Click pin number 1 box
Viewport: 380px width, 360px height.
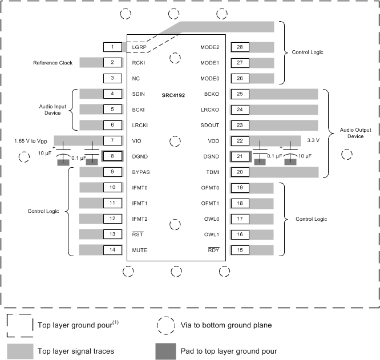[113, 47]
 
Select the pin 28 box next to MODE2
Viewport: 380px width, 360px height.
[240, 47]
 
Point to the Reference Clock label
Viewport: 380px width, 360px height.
[52, 63]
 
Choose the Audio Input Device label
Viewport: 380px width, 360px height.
[52, 109]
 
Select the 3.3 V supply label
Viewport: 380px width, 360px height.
[312, 140]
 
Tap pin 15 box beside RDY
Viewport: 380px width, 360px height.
[240, 249]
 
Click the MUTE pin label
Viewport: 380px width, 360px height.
[140, 250]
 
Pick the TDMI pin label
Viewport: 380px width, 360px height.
[212, 172]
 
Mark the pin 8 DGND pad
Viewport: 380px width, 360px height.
[113, 156]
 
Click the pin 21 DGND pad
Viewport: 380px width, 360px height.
[240, 156]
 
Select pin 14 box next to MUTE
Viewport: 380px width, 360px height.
[113, 249]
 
